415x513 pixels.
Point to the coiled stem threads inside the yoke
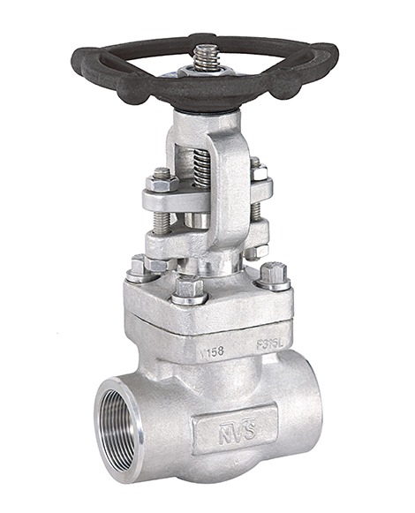tap(202, 168)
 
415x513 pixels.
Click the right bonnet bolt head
tap(274, 273)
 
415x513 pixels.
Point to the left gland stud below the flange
tap(162, 221)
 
